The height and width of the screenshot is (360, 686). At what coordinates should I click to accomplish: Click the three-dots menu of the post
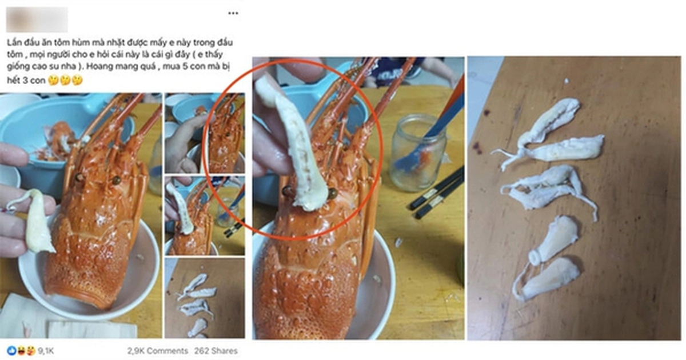point(233,13)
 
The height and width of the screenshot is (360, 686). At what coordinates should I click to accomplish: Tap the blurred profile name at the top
point(37,19)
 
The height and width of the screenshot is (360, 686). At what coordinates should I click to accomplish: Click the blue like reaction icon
point(12,350)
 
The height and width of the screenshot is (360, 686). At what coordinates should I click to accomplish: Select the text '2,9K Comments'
point(158,351)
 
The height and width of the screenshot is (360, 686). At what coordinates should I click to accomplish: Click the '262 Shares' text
point(216,351)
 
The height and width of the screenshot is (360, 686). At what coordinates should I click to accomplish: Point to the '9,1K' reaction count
point(46,351)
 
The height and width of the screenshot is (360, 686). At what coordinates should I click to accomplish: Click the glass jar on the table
point(418,153)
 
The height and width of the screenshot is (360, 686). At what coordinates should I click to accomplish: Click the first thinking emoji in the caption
point(54,80)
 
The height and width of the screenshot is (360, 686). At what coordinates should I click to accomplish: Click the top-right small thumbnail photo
point(205,133)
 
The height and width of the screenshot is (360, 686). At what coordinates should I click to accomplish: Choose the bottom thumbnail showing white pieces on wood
point(205,298)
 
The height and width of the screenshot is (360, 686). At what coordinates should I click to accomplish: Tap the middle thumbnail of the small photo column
point(205,216)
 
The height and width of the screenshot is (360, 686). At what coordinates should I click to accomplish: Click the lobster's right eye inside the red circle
point(333,194)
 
